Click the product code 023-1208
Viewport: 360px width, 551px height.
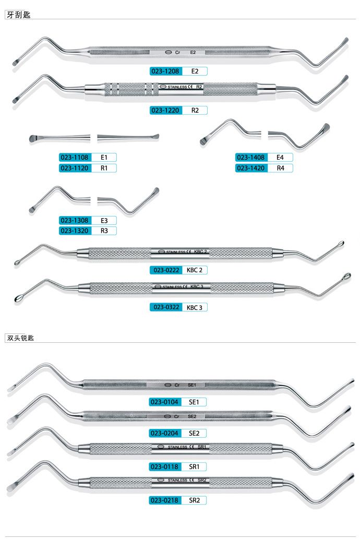click(x=166, y=71)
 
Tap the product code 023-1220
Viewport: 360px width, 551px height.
click(x=166, y=110)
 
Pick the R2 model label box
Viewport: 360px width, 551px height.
click(x=195, y=110)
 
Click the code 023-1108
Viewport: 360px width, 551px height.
click(x=76, y=157)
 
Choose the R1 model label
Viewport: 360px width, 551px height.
click(x=104, y=168)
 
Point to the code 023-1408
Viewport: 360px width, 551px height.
click(x=252, y=157)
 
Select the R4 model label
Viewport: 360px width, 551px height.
click(x=280, y=168)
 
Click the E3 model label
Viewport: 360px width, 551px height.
click(x=104, y=221)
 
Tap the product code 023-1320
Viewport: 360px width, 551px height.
click(x=76, y=231)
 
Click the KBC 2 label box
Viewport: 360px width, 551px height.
click(x=194, y=270)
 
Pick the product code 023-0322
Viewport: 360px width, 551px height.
click(x=165, y=307)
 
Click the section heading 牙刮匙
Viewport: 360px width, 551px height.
click(x=18, y=15)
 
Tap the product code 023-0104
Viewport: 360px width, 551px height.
click(x=166, y=402)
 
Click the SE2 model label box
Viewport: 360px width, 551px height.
click(x=194, y=433)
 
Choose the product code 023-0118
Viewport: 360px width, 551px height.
click(x=166, y=466)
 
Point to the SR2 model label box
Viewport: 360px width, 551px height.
click(x=195, y=500)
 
